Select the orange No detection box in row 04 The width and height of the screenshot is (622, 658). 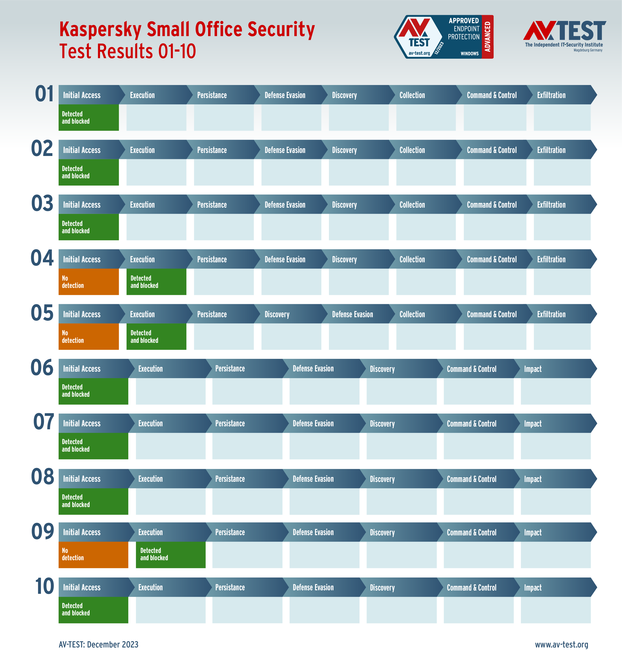88,282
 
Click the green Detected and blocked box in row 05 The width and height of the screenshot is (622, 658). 156,336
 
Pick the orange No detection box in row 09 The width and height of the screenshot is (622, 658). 93,554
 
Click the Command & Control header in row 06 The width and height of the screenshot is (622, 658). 472,369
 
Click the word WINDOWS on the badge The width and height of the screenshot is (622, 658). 470,53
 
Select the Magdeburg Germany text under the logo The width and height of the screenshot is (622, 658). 588,50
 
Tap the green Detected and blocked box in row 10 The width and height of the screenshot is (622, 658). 93,610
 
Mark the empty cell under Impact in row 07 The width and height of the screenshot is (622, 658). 555,446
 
